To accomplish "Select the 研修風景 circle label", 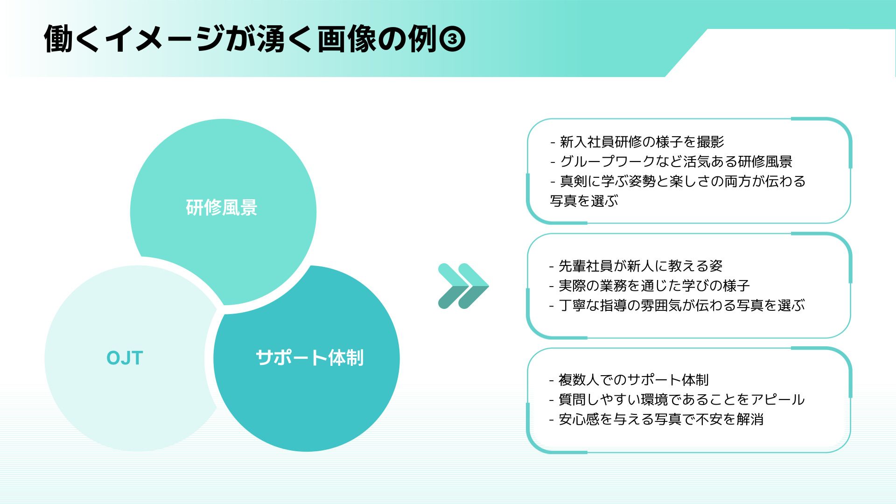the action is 222,208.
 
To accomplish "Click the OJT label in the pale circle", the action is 125,358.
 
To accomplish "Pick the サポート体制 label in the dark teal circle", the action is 309,358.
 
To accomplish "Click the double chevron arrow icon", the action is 463,286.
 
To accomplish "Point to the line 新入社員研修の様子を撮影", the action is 637,142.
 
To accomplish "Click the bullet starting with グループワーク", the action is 671,161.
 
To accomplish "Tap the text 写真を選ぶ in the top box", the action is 584,201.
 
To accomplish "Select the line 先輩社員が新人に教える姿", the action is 636,266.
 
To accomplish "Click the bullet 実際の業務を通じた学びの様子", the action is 649,286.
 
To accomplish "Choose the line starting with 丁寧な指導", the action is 677,305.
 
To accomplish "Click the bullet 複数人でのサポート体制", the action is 629,380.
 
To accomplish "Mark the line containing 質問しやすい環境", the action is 677,399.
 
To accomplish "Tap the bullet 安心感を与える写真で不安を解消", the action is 656,419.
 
